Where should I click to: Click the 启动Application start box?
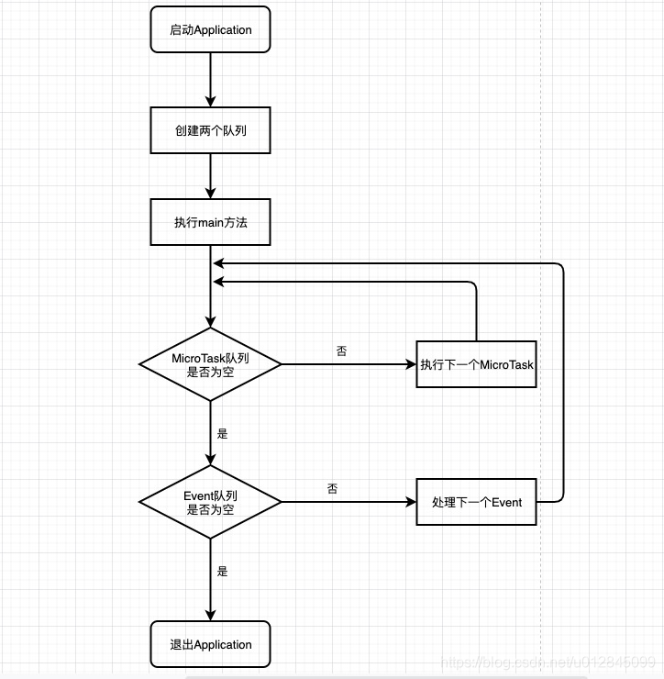(210, 29)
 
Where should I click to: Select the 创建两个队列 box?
(210, 130)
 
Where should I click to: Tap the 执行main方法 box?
(210, 222)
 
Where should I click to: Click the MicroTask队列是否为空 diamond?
(210, 364)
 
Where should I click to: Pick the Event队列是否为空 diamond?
(210, 502)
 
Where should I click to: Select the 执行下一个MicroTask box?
(476, 364)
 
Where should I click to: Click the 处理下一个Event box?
(476, 502)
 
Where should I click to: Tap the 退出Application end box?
(210, 644)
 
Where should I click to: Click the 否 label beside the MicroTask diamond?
(341, 351)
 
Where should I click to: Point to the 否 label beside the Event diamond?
(332, 488)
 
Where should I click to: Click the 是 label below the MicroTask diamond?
(222, 433)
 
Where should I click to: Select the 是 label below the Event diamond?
(222, 571)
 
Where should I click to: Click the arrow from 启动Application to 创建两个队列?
(210, 79)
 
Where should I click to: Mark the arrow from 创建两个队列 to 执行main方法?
(210, 175)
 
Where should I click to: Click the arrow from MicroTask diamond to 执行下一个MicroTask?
(349, 364)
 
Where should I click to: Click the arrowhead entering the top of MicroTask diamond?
(210, 320)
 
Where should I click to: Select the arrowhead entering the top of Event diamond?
(210, 459)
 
